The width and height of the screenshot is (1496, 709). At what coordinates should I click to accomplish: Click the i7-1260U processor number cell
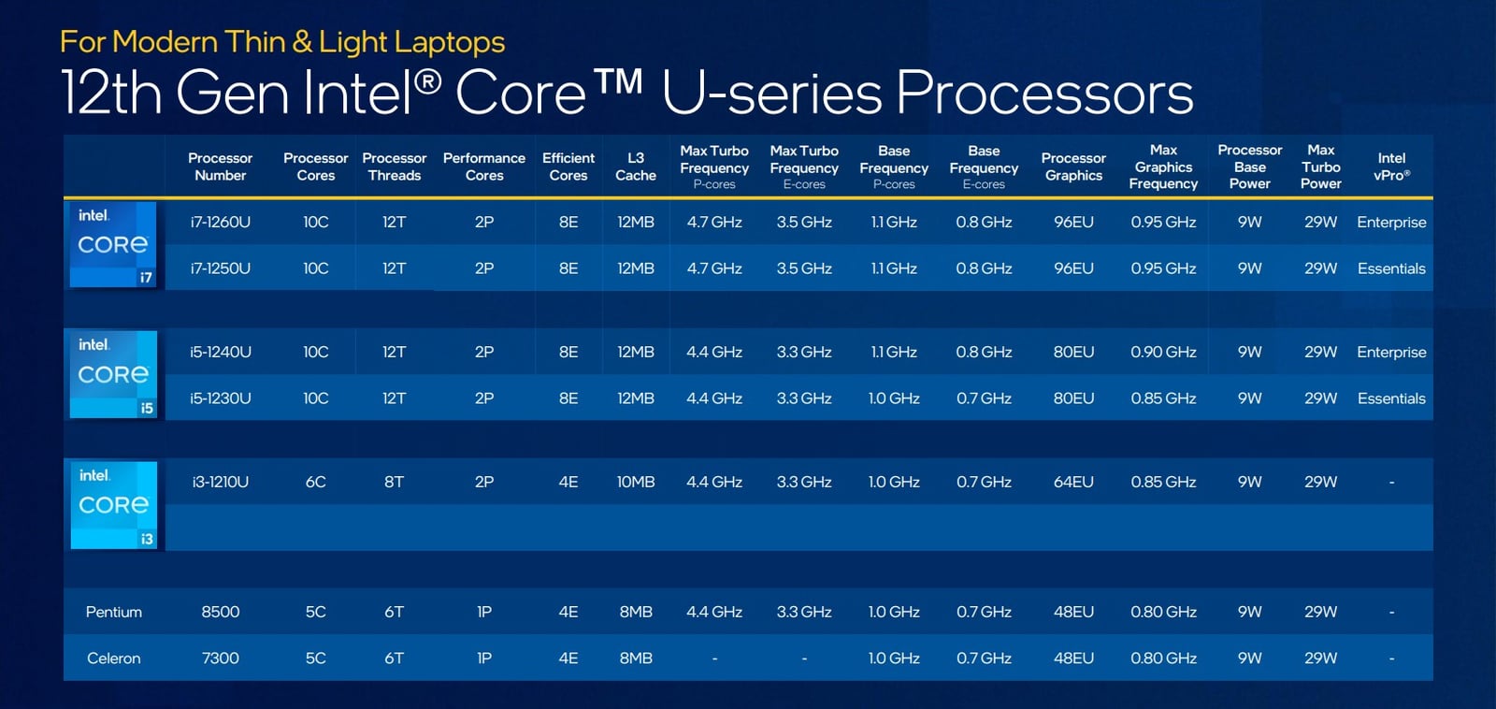click(221, 222)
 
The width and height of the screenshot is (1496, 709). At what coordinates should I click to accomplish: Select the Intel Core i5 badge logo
click(113, 374)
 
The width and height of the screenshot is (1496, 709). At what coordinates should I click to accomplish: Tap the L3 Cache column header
click(636, 166)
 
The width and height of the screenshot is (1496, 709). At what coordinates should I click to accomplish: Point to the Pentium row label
click(113, 612)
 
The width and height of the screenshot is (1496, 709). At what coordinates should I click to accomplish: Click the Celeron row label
click(113, 658)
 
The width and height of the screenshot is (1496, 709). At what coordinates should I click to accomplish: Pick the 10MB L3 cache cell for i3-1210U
click(636, 482)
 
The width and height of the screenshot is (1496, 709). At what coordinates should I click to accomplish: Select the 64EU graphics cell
click(1074, 482)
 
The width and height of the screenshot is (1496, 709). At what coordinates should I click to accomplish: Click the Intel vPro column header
click(1392, 166)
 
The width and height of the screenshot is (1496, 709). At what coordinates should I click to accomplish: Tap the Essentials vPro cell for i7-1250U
click(1392, 268)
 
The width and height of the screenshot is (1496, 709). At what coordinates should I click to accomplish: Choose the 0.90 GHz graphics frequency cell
click(1163, 352)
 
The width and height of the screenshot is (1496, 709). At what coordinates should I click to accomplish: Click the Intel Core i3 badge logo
click(113, 505)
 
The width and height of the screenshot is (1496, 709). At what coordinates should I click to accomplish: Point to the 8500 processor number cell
click(221, 612)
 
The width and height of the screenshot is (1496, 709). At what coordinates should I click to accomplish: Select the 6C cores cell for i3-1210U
click(316, 482)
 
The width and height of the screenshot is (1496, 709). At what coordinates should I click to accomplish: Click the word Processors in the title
click(1044, 93)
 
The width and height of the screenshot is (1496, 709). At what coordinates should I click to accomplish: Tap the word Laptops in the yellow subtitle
click(449, 42)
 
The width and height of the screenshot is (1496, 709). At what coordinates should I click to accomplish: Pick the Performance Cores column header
click(484, 166)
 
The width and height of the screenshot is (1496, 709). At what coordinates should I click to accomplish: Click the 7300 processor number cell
click(221, 658)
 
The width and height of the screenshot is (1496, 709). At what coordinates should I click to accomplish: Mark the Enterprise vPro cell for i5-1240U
click(1392, 352)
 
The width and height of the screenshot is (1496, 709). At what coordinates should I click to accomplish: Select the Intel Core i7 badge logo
click(113, 244)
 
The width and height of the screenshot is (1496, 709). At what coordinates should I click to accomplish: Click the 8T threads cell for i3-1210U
click(394, 482)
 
